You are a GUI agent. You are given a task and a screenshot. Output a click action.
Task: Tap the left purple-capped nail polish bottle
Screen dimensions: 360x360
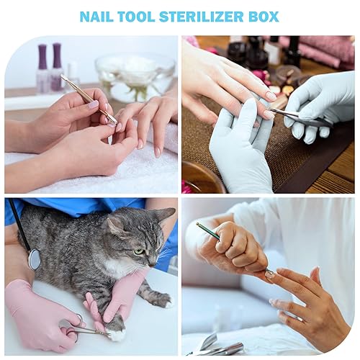pyautogui.click(x=42, y=68)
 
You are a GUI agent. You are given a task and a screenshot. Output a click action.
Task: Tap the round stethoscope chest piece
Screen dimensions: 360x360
pyautogui.click(x=34, y=259)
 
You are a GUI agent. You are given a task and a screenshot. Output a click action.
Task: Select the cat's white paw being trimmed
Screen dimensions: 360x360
pyautogui.click(x=116, y=332)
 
